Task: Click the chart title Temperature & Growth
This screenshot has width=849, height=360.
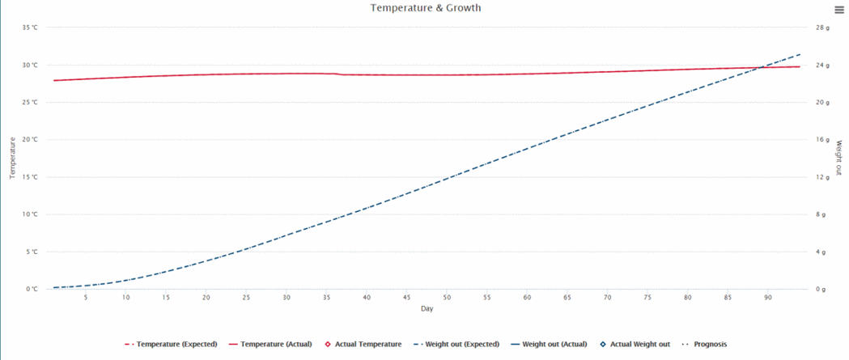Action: (x=426, y=8)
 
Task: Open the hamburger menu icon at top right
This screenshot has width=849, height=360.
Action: (x=840, y=9)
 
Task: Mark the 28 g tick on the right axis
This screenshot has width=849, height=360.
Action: (x=822, y=28)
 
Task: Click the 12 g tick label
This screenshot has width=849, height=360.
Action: (x=822, y=177)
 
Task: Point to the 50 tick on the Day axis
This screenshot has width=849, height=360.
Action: (x=447, y=298)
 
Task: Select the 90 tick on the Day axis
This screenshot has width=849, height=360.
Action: (x=767, y=298)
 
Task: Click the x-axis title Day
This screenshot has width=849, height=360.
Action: (x=426, y=309)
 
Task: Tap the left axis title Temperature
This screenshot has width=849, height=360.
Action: (x=12, y=158)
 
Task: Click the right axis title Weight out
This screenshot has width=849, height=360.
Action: (x=839, y=158)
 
